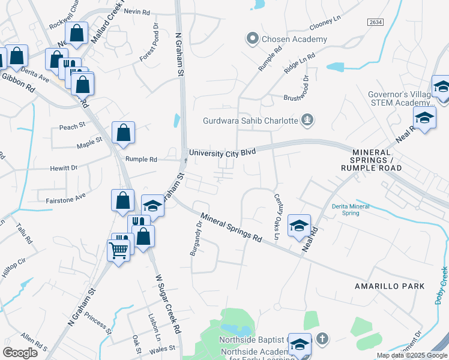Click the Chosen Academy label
tap(294, 40)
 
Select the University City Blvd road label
tap(223, 153)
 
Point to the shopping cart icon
tap(119, 250)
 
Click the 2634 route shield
tap(375, 22)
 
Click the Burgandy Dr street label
tap(196, 238)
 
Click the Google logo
tap(20, 353)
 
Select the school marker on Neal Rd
tap(299, 226)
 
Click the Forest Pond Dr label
tap(148, 43)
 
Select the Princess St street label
tap(98, 322)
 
